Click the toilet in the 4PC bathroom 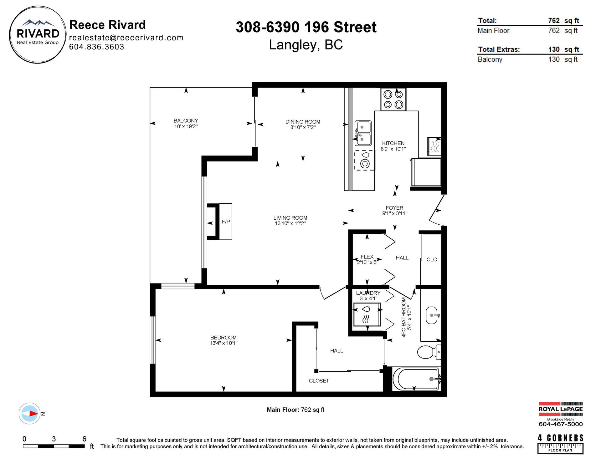tap(429, 352)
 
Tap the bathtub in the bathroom tap(417, 379)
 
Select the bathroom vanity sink tap(434, 315)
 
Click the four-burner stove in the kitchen tap(393, 99)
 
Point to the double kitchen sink tap(363, 133)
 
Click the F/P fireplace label tap(226, 222)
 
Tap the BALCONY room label tap(186, 120)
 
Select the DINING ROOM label tap(303, 122)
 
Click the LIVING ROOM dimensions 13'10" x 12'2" tap(290, 223)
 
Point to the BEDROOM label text tap(223, 338)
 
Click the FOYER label tap(394, 208)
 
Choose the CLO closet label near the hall tap(432, 259)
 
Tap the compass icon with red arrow tap(29, 413)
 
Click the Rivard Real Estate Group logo tap(38, 35)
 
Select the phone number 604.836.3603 tap(97, 47)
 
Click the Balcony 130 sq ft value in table tap(563, 59)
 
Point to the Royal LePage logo tap(561, 409)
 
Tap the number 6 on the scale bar tap(84, 439)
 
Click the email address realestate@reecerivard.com tap(126, 38)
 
